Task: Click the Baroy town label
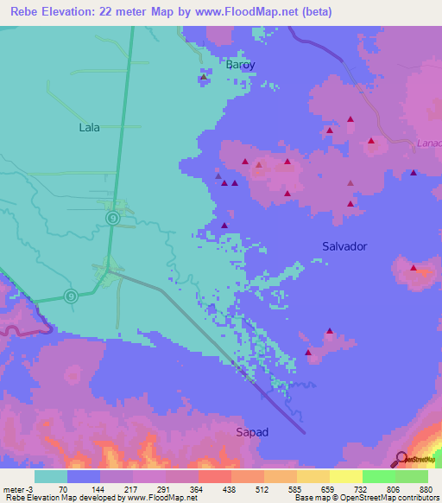[241, 64]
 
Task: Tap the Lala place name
[89, 127]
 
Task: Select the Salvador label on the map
[344, 246]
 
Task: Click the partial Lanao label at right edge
[428, 143]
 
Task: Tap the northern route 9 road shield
[113, 218]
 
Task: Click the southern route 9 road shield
[71, 295]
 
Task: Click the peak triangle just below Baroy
[204, 77]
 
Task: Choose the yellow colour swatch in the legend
[345, 476]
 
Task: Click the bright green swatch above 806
[378, 476]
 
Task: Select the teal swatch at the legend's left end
[51, 476]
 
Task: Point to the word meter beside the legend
[14, 489]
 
